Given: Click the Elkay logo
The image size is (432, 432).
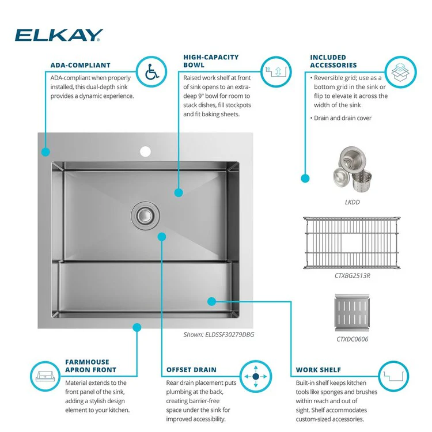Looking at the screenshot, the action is pos(59,35).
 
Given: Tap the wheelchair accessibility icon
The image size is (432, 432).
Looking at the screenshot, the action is pos(151,72).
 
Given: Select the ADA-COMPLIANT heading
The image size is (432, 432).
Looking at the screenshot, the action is pos(81,65).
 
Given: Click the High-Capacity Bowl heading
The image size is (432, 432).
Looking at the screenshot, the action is pos(211,61).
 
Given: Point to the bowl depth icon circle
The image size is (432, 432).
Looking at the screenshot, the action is pos(276,72).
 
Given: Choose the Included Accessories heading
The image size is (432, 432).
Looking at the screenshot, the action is pos(334,61).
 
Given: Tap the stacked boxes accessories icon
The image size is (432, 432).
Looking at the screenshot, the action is pos(400,72).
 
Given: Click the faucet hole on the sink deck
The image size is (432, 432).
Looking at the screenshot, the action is pos(145,151).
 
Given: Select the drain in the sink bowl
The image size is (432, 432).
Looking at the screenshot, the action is pos(145,215).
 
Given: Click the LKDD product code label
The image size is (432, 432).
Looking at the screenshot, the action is pos(353,202).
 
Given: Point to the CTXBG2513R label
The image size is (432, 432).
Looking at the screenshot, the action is pos(353,276).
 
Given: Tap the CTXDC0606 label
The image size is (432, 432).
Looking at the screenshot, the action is pos(353,339).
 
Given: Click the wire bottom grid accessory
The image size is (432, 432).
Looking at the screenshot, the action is pos(352,242).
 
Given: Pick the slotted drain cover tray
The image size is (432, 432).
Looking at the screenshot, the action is pos(352,313).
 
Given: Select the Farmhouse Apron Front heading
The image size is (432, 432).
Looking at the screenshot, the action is pos(90,366).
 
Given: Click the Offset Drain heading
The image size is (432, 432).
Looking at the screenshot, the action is pos(191,370).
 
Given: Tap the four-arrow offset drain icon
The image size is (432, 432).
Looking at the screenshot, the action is pos(256,376).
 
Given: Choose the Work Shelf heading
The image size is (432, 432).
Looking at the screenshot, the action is pos(318,370).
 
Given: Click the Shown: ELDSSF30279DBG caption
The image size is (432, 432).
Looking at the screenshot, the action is pos(219,335).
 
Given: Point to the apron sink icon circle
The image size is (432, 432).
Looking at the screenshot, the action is pos(45,376).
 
